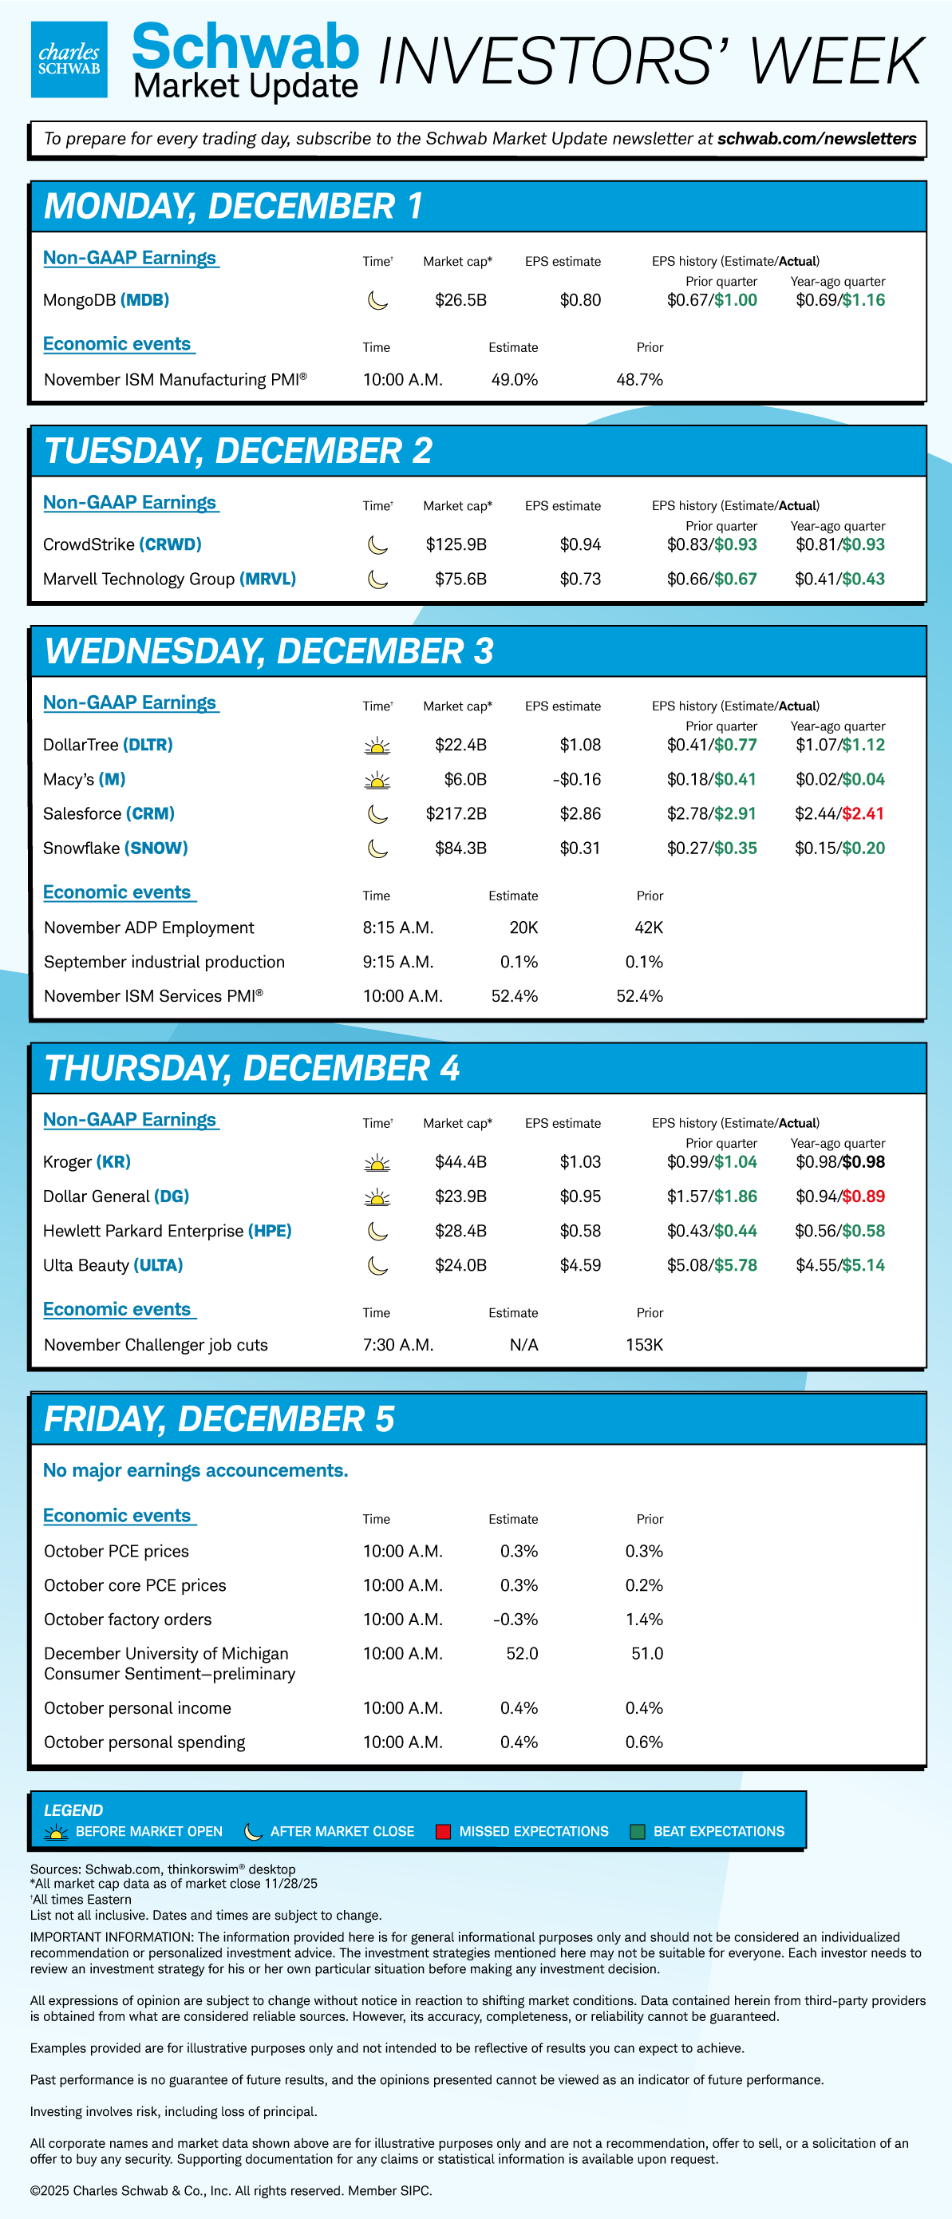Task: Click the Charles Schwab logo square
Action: tap(69, 59)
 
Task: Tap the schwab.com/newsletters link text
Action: tap(816, 139)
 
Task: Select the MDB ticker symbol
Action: tap(144, 300)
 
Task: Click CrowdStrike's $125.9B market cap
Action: tap(456, 544)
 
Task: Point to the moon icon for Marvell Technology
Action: tap(377, 579)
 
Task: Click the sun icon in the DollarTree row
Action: tap(377, 746)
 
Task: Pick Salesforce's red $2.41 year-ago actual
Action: tap(863, 813)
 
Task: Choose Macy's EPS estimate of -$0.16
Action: tap(576, 779)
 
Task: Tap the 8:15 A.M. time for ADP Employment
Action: tap(398, 927)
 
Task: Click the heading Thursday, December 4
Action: tap(251, 1068)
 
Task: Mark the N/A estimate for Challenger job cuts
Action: tap(523, 1345)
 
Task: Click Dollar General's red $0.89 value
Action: tap(863, 1196)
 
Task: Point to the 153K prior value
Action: tap(645, 1345)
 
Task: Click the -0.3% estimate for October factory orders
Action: tap(516, 1620)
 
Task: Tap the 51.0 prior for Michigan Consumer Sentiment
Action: tap(647, 1653)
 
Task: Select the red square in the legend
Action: tap(444, 1831)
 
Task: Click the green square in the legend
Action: tap(638, 1831)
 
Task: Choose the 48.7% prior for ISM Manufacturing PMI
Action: tap(639, 379)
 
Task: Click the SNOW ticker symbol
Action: tap(156, 848)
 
